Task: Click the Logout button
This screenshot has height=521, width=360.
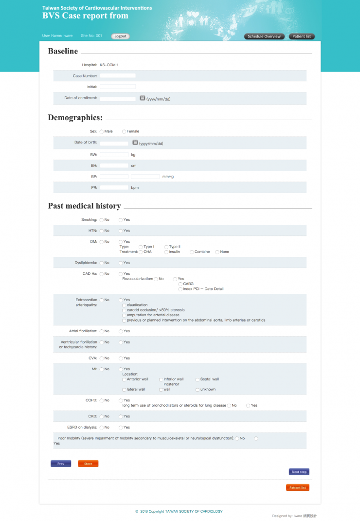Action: coord(120,36)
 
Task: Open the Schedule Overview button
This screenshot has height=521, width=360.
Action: coord(264,36)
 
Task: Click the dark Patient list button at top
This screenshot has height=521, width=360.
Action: coord(302,36)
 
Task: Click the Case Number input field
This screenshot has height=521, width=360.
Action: coord(118,76)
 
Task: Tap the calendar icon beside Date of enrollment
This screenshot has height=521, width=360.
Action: coord(142,98)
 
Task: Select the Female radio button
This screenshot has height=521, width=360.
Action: coord(124,131)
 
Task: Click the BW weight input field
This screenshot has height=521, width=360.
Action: coord(114,155)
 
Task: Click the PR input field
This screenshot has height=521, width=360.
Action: coord(114,187)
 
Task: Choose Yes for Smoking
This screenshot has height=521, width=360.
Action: coord(121,220)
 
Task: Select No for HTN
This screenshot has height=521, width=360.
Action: coord(101,231)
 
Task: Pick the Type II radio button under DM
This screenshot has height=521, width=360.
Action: coord(166,247)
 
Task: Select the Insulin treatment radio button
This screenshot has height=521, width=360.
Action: coord(166,252)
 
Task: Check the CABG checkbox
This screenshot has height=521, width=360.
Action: coord(180,284)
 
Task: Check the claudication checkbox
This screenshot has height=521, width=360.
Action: coord(124,305)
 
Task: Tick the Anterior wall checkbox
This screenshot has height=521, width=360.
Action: coord(124,379)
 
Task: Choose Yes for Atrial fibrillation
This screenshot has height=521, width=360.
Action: coord(121,331)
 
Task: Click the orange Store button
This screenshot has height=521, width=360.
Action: coord(88,464)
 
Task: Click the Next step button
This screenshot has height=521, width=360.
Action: coord(299,472)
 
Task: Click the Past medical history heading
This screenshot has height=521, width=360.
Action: coord(84,206)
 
